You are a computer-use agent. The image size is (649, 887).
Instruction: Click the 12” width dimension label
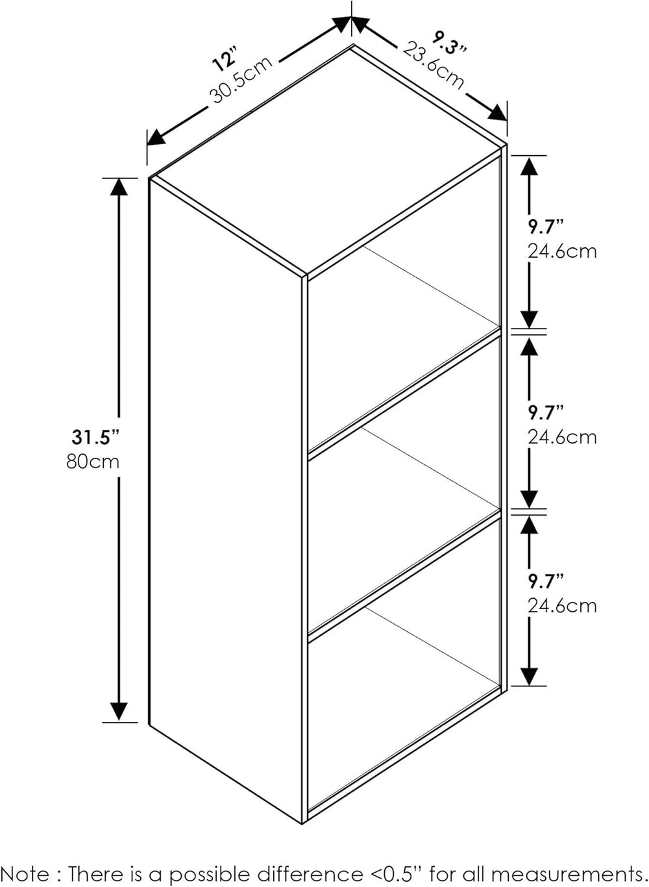[225, 58]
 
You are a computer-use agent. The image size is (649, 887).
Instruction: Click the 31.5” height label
[95, 437]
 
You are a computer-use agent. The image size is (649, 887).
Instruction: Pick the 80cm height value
[93, 462]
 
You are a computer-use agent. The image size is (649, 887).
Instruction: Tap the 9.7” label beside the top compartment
[546, 227]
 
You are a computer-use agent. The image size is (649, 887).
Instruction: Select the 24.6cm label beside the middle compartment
[562, 438]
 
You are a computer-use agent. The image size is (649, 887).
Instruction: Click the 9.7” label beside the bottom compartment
[546, 582]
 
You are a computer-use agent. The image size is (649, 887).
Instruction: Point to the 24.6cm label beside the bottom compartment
[562, 606]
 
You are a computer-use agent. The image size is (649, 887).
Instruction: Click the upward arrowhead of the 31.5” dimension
[119, 187]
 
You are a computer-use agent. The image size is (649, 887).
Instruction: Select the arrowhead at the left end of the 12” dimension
[156, 138]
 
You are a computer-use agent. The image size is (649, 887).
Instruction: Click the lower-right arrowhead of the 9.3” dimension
[497, 113]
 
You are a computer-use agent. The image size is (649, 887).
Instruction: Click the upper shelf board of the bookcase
[404, 394]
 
